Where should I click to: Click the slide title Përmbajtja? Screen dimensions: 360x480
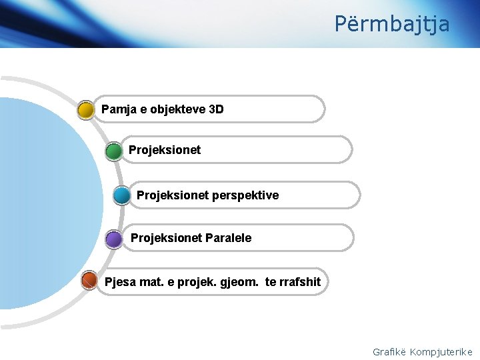[392, 24]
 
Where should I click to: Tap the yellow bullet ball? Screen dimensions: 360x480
[86, 110]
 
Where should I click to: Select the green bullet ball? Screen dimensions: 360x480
[114, 151]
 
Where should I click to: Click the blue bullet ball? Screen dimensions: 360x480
[122, 195]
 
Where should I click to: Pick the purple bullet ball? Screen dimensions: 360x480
[114, 239]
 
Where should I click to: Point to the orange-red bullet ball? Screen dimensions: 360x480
[89, 281]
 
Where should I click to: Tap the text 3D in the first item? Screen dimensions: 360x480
[216, 109]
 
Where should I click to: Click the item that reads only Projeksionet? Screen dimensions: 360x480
[165, 150]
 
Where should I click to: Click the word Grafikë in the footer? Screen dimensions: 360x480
[389, 352]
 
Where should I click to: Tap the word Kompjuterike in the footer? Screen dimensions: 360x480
[441, 352]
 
